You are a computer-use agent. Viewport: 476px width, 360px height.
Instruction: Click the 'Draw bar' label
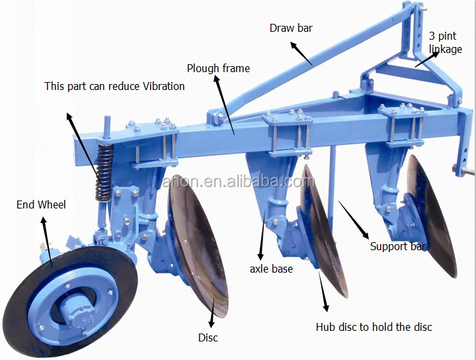pos(291,28)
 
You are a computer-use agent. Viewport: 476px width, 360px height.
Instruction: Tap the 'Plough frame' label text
pos(218,68)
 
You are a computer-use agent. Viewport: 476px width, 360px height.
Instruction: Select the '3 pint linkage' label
pos(445,42)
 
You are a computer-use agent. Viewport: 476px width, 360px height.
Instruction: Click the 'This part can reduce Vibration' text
pos(114,86)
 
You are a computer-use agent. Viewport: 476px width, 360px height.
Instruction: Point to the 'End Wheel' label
pos(41,204)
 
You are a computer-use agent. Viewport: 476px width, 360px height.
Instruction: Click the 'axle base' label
pos(271,269)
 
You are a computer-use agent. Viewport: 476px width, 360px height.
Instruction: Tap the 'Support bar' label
pos(398,247)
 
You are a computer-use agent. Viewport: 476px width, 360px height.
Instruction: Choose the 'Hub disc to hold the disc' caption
pos(374,327)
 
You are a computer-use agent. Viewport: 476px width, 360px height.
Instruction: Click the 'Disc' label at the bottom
pos(208,338)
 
